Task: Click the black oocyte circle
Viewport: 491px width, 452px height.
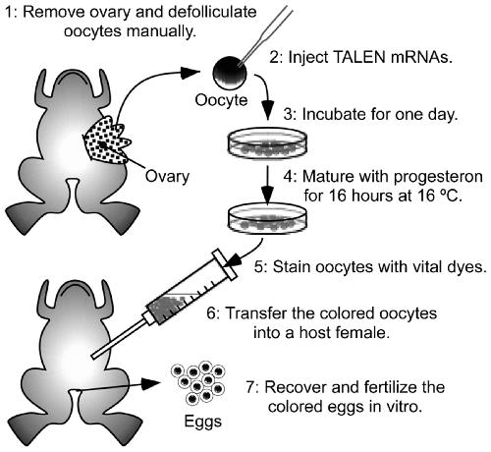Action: (x=230, y=73)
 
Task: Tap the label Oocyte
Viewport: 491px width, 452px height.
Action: (x=221, y=100)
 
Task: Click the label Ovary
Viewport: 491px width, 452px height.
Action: (x=167, y=176)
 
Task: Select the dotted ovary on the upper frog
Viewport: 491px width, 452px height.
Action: (x=106, y=141)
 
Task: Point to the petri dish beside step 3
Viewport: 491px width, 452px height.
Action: (x=267, y=143)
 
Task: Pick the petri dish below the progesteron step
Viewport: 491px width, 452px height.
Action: (x=267, y=218)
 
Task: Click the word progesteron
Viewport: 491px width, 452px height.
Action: (x=438, y=177)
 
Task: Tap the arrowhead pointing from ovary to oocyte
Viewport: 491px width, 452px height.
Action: (x=191, y=73)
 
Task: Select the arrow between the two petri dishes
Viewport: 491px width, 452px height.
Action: (x=268, y=185)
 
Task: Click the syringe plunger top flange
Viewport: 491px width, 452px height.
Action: (x=225, y=264)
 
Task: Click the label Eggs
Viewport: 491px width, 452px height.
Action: (x=203, y=422)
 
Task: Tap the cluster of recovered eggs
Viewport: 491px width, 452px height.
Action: (x=198, y=382)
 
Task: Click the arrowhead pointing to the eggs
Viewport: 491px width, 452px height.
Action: (x=151, y=383)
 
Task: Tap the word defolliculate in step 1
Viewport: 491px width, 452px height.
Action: (x=213, y=12)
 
